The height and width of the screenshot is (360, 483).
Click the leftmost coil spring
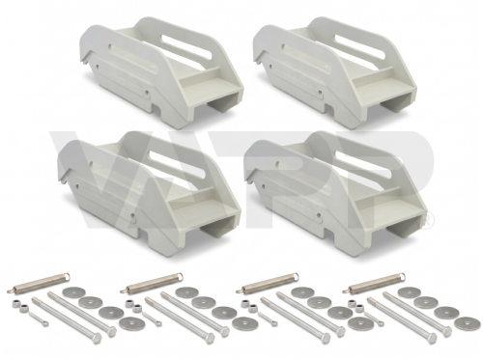tap(41, 282)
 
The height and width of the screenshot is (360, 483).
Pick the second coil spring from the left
tap(152, 283)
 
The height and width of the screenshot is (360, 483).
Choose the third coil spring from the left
tap(268, 283)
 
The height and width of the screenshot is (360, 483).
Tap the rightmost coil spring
tap(377, 282)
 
